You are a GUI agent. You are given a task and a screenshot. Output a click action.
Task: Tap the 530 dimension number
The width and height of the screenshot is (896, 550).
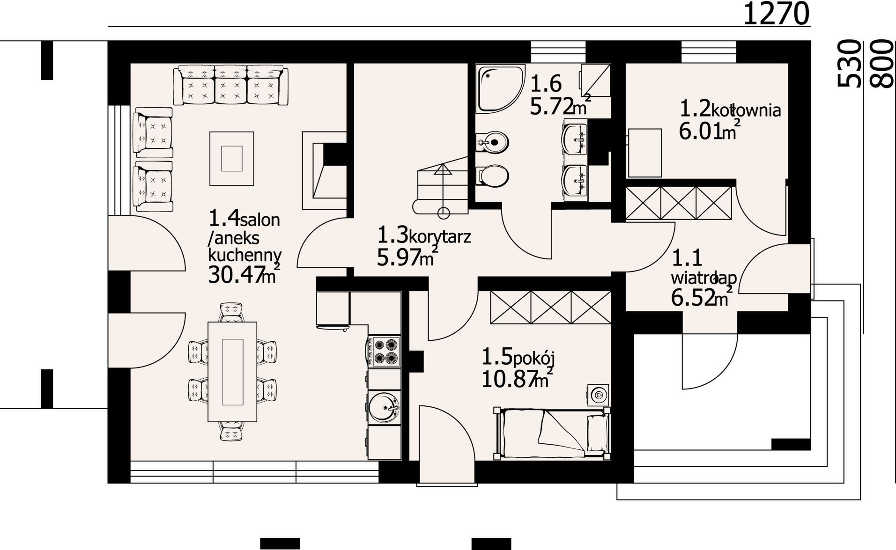pyautogui.click(x=849, y=64)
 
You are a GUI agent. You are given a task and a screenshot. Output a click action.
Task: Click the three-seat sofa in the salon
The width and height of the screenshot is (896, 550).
pyautogui.click(x=230, y=86)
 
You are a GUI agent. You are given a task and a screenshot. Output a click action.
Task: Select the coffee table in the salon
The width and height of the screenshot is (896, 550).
pyautogui.click(x=232, y=159)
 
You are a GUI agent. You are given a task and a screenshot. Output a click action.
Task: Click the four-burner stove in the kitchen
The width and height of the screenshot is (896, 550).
pyautogui.click(x=384, y=351)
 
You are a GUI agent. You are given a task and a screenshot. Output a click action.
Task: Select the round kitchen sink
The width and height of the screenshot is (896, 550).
pyautogui.click(x=384, y=407)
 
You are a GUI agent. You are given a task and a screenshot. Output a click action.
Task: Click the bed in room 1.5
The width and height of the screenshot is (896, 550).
pyautogui.click(x=553, y=433)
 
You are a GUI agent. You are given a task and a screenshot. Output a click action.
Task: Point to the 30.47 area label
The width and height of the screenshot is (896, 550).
pyautogui.click(x=244, y=274)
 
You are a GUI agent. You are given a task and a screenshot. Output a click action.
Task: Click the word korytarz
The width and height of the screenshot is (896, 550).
pyautogui.click(x=439, y=236)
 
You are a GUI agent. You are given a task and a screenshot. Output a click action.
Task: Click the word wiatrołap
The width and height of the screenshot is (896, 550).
pyautogui.click(x=704, y=278)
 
